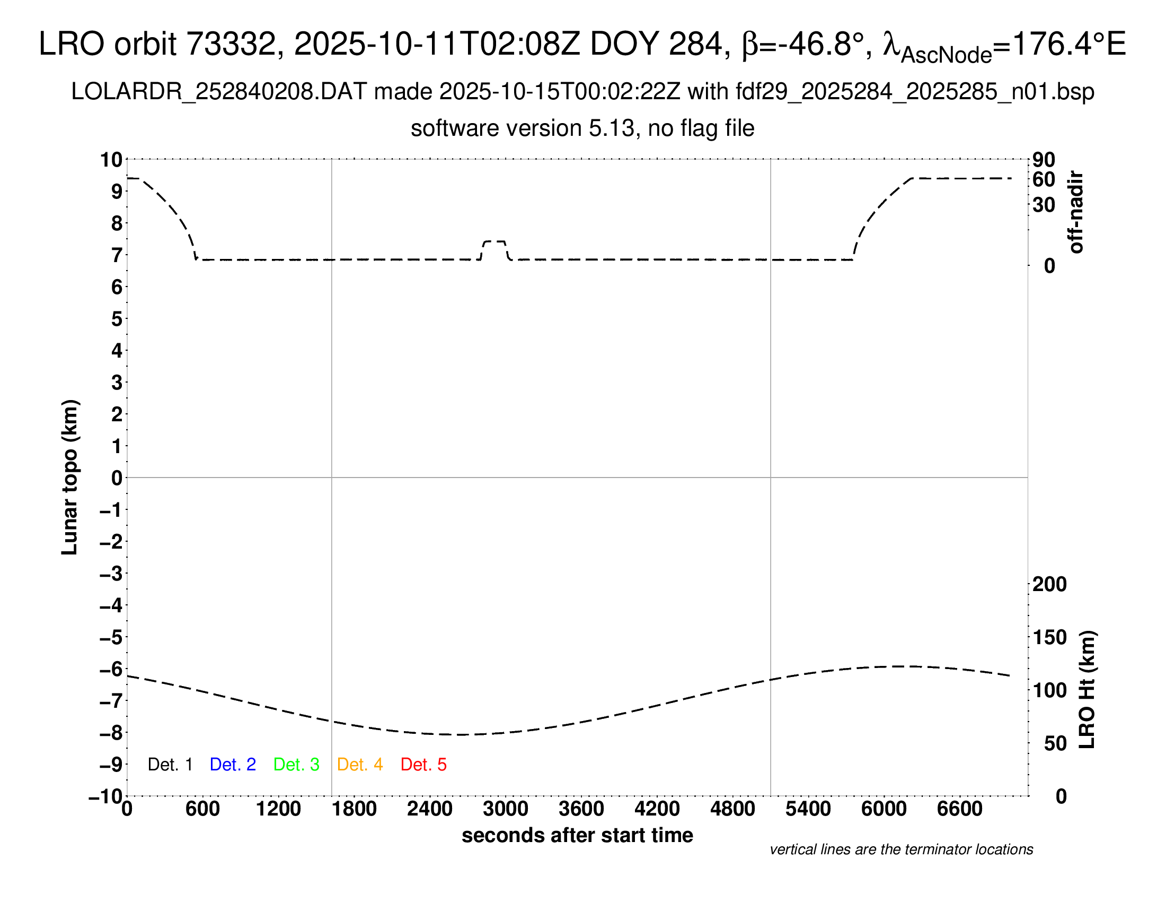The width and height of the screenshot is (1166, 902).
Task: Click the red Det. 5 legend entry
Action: coord(423,765)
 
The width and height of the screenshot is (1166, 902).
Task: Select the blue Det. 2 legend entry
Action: coord(233,765)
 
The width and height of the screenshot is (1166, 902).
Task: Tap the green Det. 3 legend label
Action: coord(296,765)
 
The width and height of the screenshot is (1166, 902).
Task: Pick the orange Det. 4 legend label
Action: coord(360,765)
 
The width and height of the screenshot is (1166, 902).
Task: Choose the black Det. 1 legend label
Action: coord(170,765)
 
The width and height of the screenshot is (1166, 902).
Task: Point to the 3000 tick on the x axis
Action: coord(506,809)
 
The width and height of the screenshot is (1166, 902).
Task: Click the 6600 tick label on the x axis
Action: coord(959,809)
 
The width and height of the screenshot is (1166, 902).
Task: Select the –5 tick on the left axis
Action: coord(111,637)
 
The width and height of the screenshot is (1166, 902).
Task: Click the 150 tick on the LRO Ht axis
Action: coord(1049,637)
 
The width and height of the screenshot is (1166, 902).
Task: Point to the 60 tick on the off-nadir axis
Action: coord(1044,179)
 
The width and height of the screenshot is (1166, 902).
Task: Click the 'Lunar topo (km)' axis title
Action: coord(70,477)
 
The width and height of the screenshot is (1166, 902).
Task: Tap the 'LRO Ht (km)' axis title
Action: coord(1088,689)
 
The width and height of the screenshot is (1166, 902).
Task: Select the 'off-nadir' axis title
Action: coord(1076,212)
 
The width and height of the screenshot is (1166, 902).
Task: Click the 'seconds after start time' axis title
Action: coord(577,835)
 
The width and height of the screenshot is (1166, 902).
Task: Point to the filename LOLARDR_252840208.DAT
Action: coord(219,92)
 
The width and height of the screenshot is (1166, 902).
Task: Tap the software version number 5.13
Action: coord(614,128)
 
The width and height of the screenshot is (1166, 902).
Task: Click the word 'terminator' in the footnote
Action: coord(920,849)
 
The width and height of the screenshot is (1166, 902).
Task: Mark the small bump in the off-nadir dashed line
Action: coord(494,242)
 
